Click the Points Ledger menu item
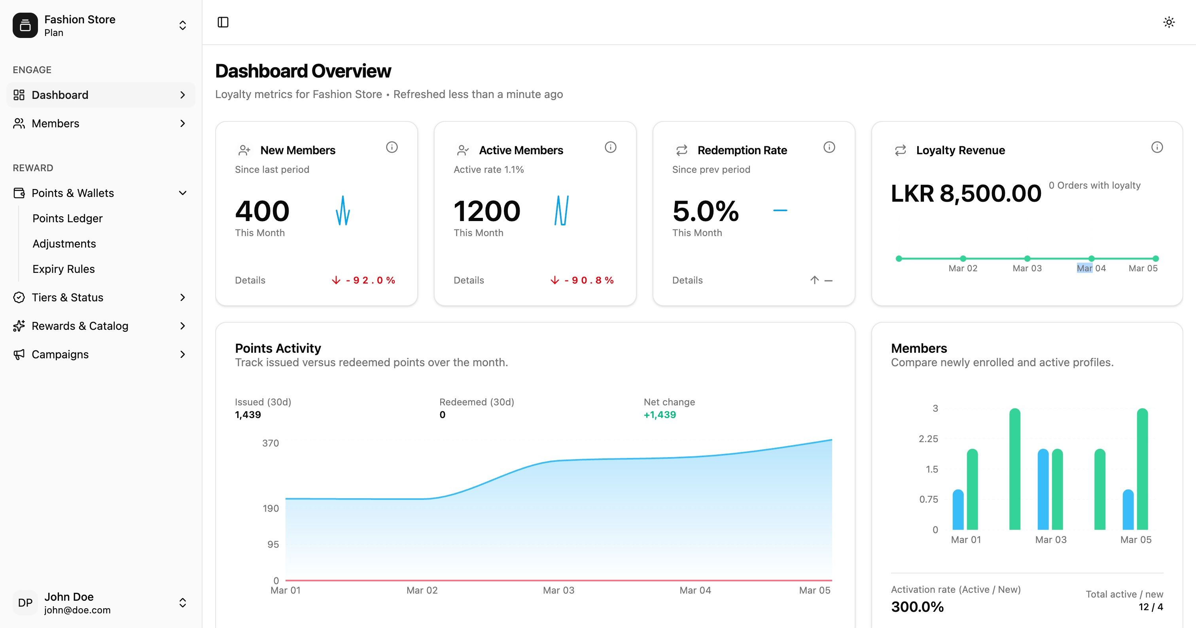[67, 218]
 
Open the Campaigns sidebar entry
[60, 354]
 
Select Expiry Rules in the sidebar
[64, 269]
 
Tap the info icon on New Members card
[392, 147]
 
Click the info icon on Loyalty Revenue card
[1156, 147]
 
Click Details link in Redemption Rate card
[687, 280]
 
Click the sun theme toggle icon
[1169, 22]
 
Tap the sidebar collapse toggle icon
[223, 22]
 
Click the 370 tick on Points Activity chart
[270, 443]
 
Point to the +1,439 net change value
[659, 415]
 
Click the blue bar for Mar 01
[958, 510]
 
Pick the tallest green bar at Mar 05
[1142, 469]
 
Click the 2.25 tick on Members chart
[928, 439]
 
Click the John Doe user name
[69, 596]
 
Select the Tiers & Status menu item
[67, 297]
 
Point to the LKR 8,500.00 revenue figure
[966, 193]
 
